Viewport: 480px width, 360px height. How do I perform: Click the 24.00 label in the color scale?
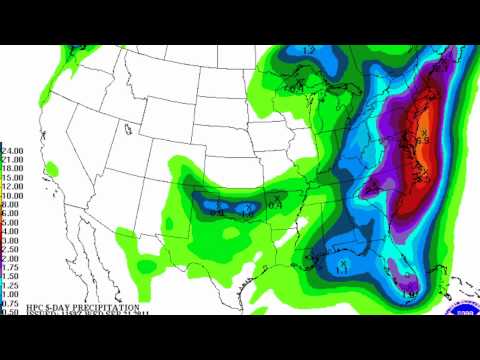click(13, 150)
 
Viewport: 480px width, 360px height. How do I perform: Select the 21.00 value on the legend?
click(13, 159)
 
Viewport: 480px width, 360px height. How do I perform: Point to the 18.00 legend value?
click(13, 168)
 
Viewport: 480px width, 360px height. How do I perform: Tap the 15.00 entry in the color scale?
click(13, 177)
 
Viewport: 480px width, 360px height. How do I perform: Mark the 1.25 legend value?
click(11, 284)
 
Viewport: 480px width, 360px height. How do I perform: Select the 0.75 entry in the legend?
click(11, 302)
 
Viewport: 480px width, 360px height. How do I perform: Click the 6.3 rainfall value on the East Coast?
click(423, 140)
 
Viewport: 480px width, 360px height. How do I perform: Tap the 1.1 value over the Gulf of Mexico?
click(341, 271)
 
